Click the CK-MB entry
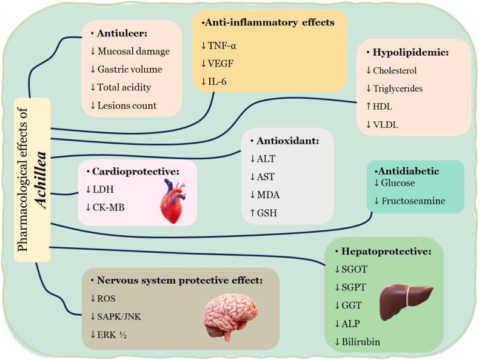107,207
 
